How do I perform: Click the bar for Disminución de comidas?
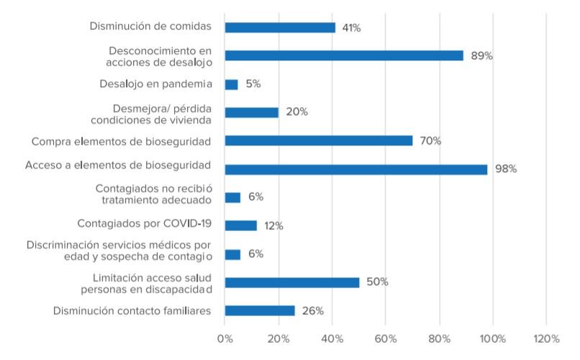point(280,27)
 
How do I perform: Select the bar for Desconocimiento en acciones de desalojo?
point(344,55)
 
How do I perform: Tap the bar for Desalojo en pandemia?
point(231,84)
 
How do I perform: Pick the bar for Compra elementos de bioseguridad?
point(319,140)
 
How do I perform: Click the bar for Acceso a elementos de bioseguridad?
point(356,169)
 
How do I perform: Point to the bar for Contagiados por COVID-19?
point(240,225)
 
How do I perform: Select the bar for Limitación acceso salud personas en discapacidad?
point(292,282)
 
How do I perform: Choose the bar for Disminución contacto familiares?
point(260,310)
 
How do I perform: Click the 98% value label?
point(506,169)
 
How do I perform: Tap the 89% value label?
point(481,55)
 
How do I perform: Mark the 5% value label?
point(253,84)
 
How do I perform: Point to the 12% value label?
point(273,226)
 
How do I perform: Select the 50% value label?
point(377,282)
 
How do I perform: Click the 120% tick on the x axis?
point(545,338)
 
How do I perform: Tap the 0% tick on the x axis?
point(225,338)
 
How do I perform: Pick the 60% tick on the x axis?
point(386,338)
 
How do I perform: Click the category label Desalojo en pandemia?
point(155,84)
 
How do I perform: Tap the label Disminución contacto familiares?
point(132,311)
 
